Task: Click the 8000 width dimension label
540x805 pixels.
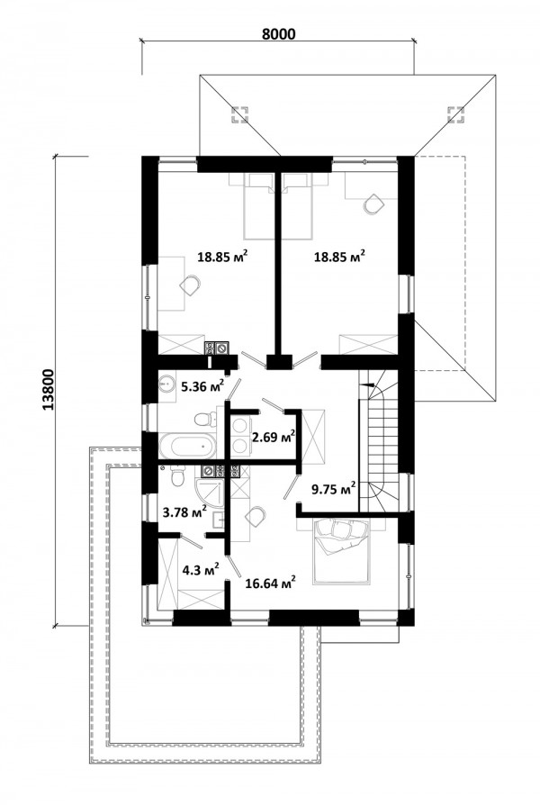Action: [279, 34]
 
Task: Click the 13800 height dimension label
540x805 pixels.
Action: [49, 390]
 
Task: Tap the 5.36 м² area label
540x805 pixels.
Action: [202, 385]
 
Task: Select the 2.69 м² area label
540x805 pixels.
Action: [273, 437]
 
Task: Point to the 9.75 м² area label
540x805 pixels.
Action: [334, 489]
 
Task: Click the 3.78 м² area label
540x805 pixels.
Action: [184, 511]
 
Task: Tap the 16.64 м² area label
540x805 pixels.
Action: [270, 583]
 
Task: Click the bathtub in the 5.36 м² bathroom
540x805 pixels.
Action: [188, 446]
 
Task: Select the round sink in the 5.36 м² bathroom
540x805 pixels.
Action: [166, 384]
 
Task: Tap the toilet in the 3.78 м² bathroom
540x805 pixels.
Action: [176, 475]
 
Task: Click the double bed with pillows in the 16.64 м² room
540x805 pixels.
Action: [341, 551]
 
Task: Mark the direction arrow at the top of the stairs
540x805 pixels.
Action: [367, 384]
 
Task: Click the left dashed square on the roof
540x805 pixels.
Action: [239, 115]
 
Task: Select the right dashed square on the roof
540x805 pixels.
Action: [455, 115]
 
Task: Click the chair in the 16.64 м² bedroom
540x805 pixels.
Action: [256, 516]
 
